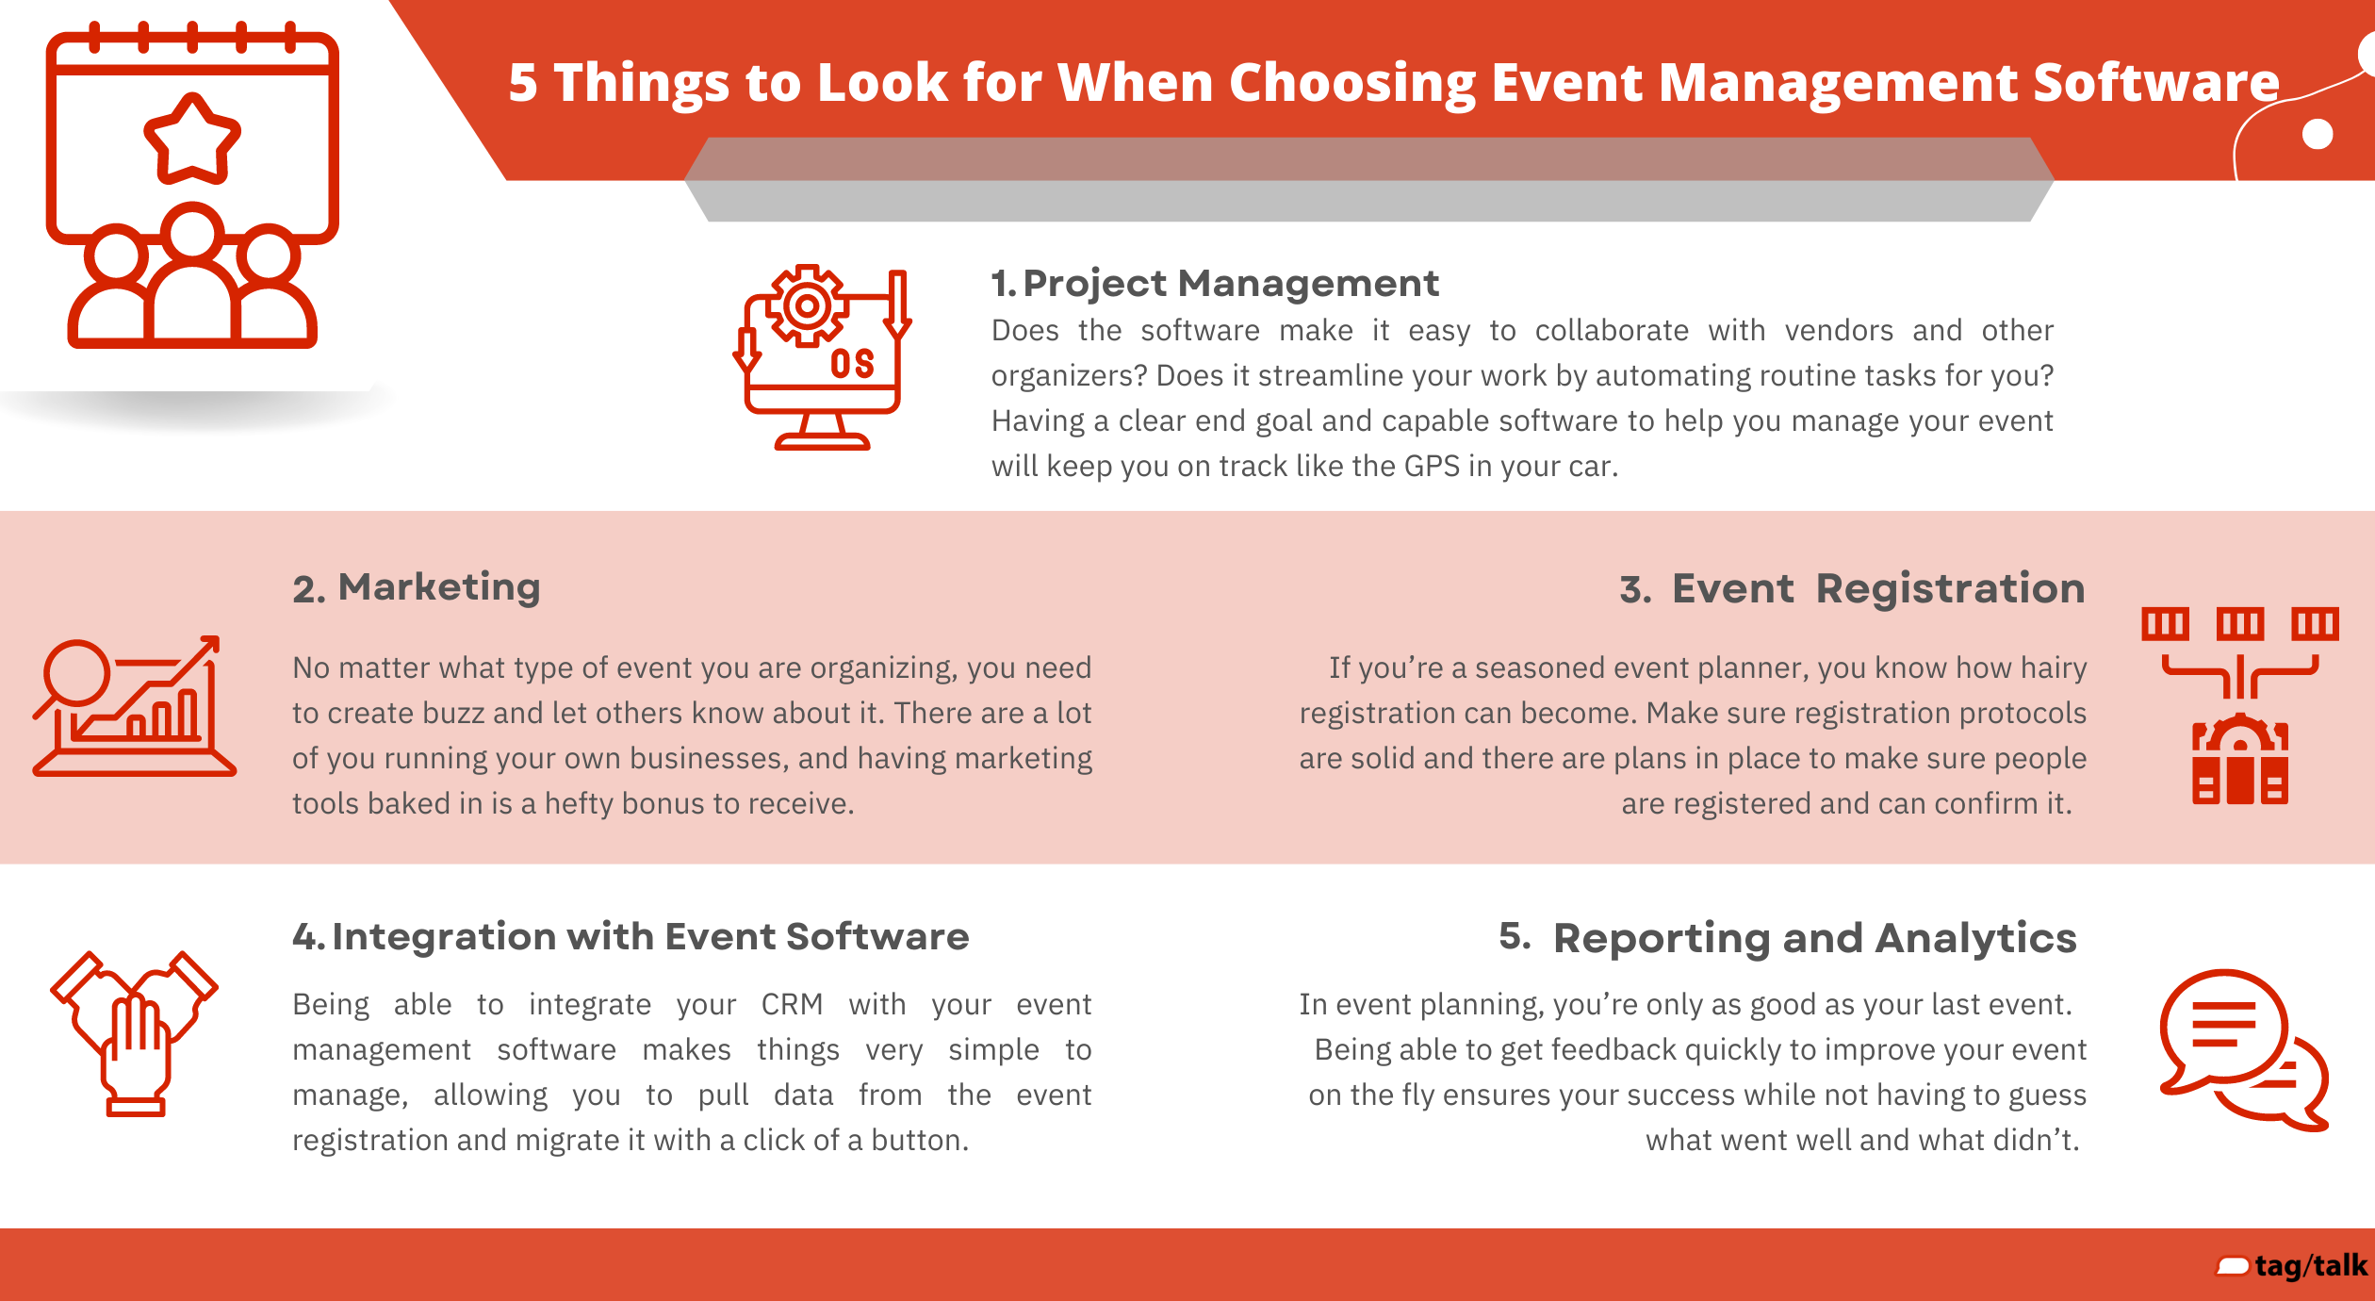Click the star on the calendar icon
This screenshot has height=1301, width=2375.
[x=192, y=140]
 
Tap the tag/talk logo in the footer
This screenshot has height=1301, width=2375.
[x=2292, y=1265]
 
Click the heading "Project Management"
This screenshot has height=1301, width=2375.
[x=1231, y=284]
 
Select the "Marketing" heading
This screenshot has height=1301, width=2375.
[x=439, y=587]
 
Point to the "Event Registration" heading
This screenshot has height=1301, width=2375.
[x=1878, y=588]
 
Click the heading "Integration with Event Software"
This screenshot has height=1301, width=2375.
[x=650, y=936]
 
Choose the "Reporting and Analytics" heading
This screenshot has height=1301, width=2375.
[x=1815, y=939]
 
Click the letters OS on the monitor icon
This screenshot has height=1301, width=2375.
[x=852, y=364]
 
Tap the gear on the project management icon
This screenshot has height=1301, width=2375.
[x=807, y=305]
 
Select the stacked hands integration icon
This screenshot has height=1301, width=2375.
[x=135, y=1033]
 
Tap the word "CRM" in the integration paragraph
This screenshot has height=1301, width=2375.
[x=792, y=1005]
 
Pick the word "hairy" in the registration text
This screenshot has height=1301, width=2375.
[x=2053, y=668]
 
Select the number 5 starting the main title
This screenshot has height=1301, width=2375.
[x=523, y=83]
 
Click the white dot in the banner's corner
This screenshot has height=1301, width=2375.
[x=2318, y=134]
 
